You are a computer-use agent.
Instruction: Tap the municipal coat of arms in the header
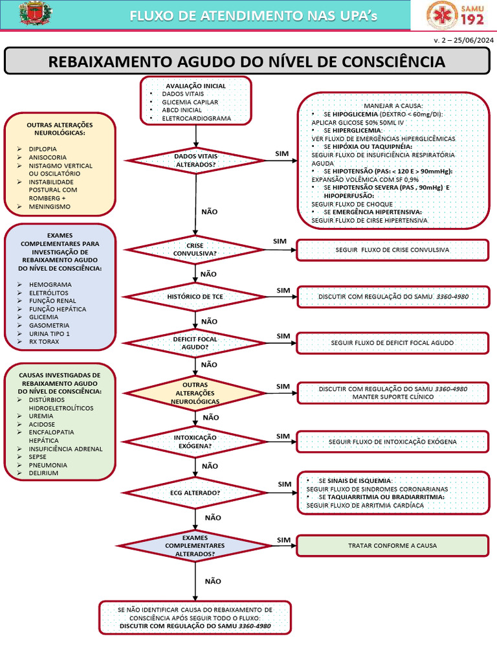point(36,13)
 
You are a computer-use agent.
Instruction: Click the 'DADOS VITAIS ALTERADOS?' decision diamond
point(195,161)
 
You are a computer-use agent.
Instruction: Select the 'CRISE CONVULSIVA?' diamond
point(195,249)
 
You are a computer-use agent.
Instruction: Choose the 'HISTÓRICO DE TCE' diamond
point(195,297)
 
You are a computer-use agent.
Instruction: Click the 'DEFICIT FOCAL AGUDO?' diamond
point(195,343)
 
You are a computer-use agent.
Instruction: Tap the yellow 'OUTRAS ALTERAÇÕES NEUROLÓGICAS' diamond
point(195,393)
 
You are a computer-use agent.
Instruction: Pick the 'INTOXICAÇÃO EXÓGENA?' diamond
point(195,442)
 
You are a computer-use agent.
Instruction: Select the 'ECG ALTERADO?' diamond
point(195,493)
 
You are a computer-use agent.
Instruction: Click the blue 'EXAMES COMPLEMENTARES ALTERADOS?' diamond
point(195,546)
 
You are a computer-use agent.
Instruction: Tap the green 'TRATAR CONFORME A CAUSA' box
point(393,545)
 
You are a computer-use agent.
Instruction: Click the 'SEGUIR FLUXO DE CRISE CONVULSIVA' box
point(393,250)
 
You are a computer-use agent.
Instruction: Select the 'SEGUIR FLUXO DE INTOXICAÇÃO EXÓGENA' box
point(393,442)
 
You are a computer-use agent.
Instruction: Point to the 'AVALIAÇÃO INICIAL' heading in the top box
point(195,86)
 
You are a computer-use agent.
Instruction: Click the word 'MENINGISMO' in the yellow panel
point(49,207)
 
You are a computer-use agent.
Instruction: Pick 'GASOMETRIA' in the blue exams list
point(49,325)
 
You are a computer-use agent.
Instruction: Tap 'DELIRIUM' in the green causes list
point(43,473)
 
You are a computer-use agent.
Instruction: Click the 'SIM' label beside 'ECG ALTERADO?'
point(285,484)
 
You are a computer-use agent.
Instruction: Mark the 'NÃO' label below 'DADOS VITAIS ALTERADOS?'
point(209,212)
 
